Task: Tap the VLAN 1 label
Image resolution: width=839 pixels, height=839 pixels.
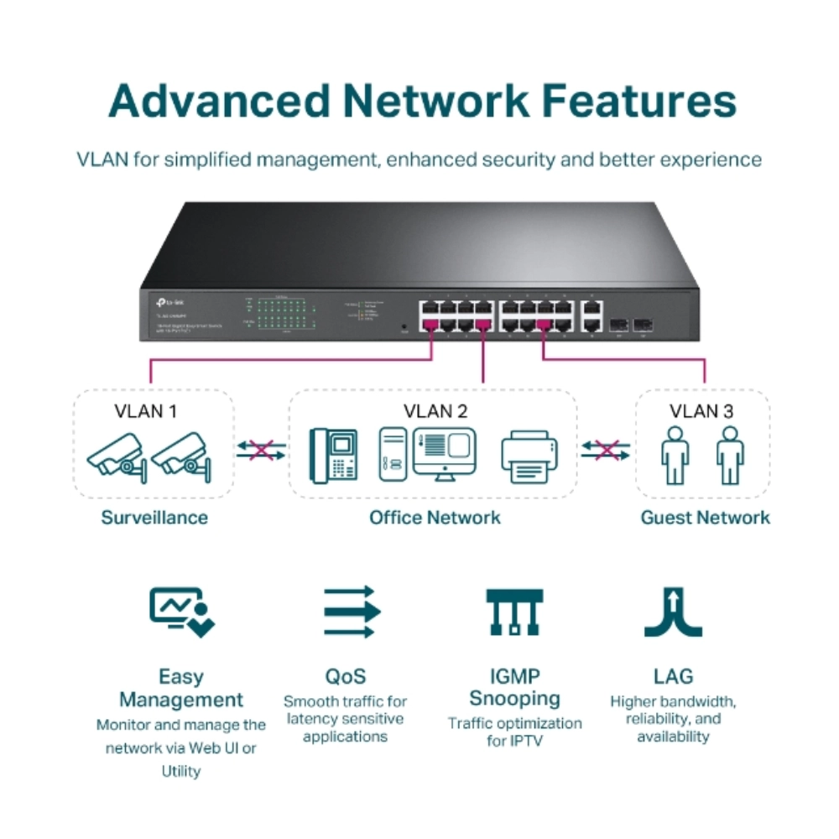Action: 146,411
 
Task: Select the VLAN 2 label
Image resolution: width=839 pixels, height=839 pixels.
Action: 435,411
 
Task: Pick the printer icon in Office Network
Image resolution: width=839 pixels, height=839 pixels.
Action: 529,458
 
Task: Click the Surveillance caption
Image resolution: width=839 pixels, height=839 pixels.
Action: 154,517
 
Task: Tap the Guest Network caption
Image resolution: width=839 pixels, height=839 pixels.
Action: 705,517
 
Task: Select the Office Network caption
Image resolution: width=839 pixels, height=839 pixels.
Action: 435,517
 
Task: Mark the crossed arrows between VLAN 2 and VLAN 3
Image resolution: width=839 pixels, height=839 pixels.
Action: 606,451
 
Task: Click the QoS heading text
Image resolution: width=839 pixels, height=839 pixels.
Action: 345,676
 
